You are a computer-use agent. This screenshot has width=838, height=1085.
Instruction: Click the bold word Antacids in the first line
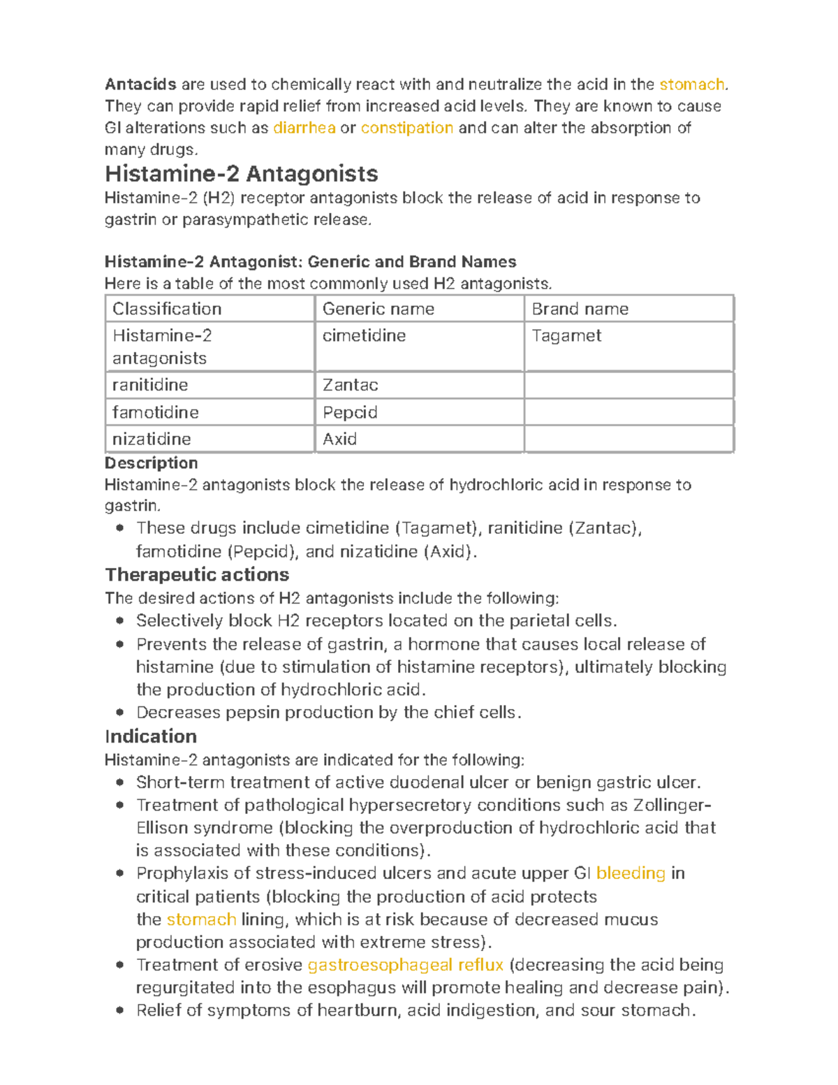tap(140, 85)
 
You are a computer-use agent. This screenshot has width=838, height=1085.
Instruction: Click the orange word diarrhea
tap(304, 128)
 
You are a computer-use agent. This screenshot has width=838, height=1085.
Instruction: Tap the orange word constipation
tap(406, 128)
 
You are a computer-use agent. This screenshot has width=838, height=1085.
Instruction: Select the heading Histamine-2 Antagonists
tap(241, 173)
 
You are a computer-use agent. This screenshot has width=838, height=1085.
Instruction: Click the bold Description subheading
tap(151, 463)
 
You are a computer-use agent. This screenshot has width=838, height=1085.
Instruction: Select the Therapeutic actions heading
tap(197, 574)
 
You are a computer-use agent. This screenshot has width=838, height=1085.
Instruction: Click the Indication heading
tap(151, 736)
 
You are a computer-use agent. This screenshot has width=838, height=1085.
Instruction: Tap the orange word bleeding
tap(631, 873)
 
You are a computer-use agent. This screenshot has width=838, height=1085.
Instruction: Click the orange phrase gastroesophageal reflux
tap(405, 965)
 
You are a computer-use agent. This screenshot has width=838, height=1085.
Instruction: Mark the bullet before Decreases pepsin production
tap(120, 713)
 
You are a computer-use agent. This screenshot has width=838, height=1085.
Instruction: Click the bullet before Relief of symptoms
tap(120, 1010)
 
